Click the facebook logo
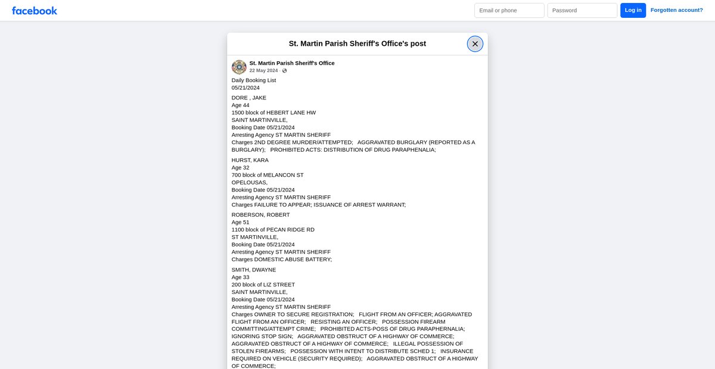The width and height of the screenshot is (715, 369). tap(35, 11)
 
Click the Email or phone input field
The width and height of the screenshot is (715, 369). tap(509, 11)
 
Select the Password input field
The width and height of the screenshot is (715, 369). tap(582, 11)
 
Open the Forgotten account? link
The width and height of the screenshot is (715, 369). tap(676, 10)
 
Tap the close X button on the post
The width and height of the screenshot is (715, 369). tap(475, 44)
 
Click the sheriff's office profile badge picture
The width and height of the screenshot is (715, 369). tap(239, 67)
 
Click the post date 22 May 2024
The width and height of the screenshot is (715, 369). tap(263, 70)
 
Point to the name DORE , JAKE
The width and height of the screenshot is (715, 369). tap(249, 98)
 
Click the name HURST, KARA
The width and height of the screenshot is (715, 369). tap(250, 160)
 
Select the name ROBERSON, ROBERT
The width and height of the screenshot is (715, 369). tap(261, 215)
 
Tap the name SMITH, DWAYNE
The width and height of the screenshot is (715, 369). tap(254, 270)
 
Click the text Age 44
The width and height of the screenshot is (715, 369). tap(241, 105)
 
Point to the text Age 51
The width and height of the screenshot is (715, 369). tap(241, 222)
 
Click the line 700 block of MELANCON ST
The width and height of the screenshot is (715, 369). tap(268, 175)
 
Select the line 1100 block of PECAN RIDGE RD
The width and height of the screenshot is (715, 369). tap(273, 230)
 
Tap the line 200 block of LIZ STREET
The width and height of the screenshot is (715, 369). tap(263, 284)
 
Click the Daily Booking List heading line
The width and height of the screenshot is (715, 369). tap(254, 80)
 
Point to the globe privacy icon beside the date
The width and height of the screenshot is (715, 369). tap(285, 71)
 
